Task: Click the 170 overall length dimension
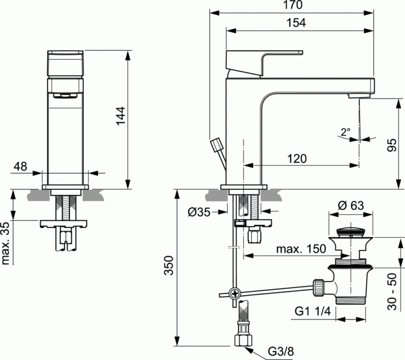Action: (x=292, y=6)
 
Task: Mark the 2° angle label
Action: (x=345, y=132)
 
